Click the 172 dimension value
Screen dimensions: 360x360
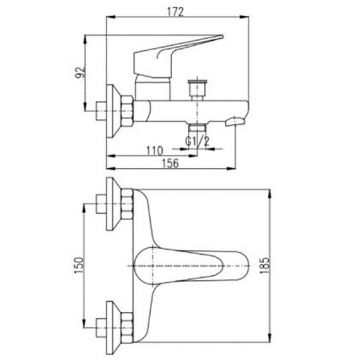175,12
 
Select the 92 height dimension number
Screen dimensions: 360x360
81,72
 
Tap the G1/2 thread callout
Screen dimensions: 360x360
197,142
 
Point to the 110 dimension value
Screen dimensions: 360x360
154,151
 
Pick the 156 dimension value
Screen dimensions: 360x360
170,163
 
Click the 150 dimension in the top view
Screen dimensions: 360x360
79,266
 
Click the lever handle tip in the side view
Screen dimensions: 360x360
221,35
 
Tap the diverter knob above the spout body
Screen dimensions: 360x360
197,89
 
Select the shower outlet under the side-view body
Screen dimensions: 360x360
197,127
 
